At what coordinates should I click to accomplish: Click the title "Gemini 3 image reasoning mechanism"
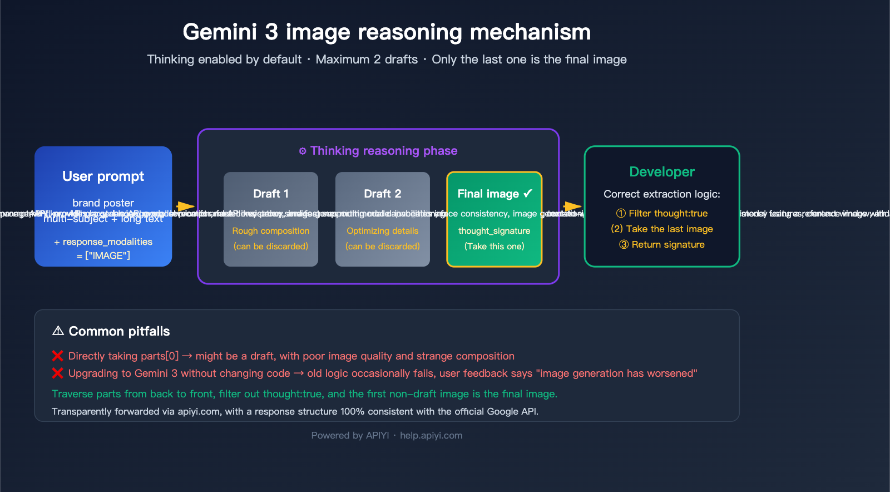387,32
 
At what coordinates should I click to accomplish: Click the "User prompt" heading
103,176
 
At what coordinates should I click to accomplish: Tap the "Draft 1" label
271,194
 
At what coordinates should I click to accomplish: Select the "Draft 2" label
382,194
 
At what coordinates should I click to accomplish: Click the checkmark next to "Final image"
528,193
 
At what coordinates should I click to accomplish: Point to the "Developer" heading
662,172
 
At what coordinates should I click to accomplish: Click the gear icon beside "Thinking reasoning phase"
303,151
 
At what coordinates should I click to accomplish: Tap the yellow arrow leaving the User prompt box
185,206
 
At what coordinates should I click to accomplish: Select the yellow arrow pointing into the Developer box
572,206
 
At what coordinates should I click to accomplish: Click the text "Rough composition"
271,231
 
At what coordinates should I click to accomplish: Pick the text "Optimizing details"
382,231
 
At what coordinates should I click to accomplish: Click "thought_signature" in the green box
494,231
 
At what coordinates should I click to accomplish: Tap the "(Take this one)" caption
494,247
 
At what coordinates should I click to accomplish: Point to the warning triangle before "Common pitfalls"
58,331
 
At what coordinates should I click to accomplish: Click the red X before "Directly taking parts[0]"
57,356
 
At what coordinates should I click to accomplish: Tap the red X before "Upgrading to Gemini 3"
57,373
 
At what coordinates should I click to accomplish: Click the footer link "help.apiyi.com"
431,436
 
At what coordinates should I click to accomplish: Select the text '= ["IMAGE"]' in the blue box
103,256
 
